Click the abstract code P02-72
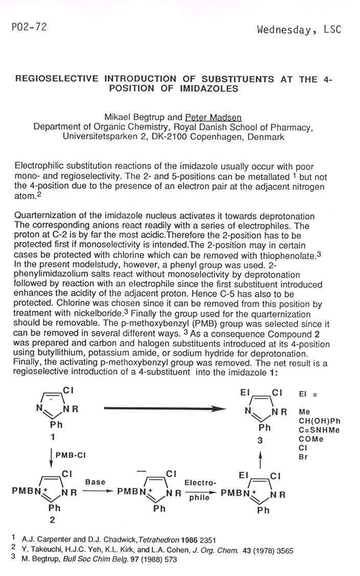[25, 28]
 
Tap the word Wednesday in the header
[284, 30]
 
